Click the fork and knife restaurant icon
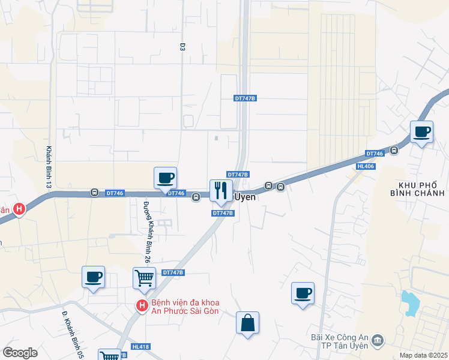click(220, 191)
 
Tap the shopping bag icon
click(247, 323)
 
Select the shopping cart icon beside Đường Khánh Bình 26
click(144, 278)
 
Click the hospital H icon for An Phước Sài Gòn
click(142, 306)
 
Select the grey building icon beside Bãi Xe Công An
click(378, 341)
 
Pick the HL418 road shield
click(140, 347)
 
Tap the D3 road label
click(182, 46)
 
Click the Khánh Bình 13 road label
click(48, 167)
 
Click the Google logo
click(20, 353)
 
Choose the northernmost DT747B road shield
click(246, 98)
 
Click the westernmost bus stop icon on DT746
click(94, 193)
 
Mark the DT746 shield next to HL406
click(375, 154)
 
